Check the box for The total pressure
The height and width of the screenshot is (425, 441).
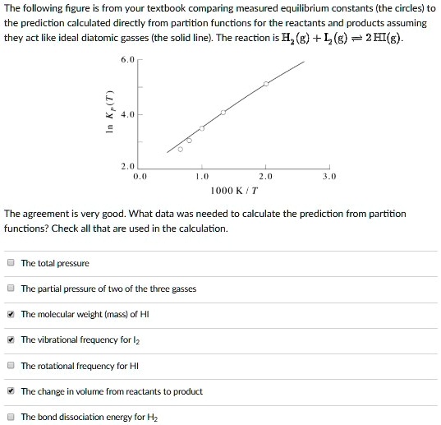(11, 263)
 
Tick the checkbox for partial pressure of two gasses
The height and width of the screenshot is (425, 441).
(11, 289)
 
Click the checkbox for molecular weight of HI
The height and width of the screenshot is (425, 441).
(11, 314)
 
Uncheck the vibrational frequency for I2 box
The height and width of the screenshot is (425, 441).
(11, 340)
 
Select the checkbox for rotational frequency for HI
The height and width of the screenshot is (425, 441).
(11, 366)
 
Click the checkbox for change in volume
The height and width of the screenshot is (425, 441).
(11, 391)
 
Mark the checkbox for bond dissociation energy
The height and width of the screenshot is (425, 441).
(11, 417)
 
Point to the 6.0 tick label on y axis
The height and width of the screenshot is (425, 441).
(127, 60)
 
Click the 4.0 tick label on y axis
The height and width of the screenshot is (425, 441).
(127, 114)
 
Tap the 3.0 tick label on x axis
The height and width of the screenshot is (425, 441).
(329, 176)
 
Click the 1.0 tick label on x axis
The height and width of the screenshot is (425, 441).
(202, 176)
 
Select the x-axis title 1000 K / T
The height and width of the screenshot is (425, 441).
(234, 191)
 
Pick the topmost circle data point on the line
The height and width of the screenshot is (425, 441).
(266, 84)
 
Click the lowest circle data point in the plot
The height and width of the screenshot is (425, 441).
(181, 149)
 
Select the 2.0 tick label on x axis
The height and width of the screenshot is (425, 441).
(266, 176)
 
